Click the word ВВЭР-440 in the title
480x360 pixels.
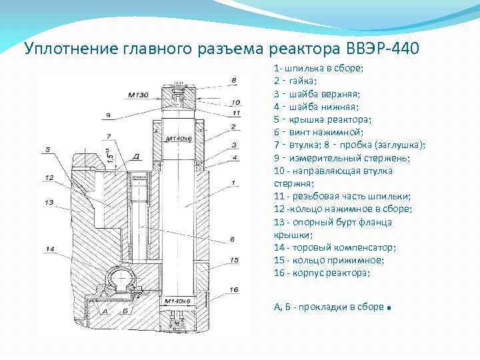pyautogui.click(x=383, y=49)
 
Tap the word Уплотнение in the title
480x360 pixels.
pyautogui.click(x=71, y=49)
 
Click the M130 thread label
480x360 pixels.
pyautogui.click(x=138, y=94)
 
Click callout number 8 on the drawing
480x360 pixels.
pyautogui.click(x=233, y=81)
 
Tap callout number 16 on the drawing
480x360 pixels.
pyautogui.click(x=233, y=290)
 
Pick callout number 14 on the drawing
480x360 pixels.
pyautogui.click(x=49, y=249)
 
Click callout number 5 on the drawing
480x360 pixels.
pyautogui.click(x=48, y=149)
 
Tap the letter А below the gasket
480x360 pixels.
pyautogui.click(x=104, y=311)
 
